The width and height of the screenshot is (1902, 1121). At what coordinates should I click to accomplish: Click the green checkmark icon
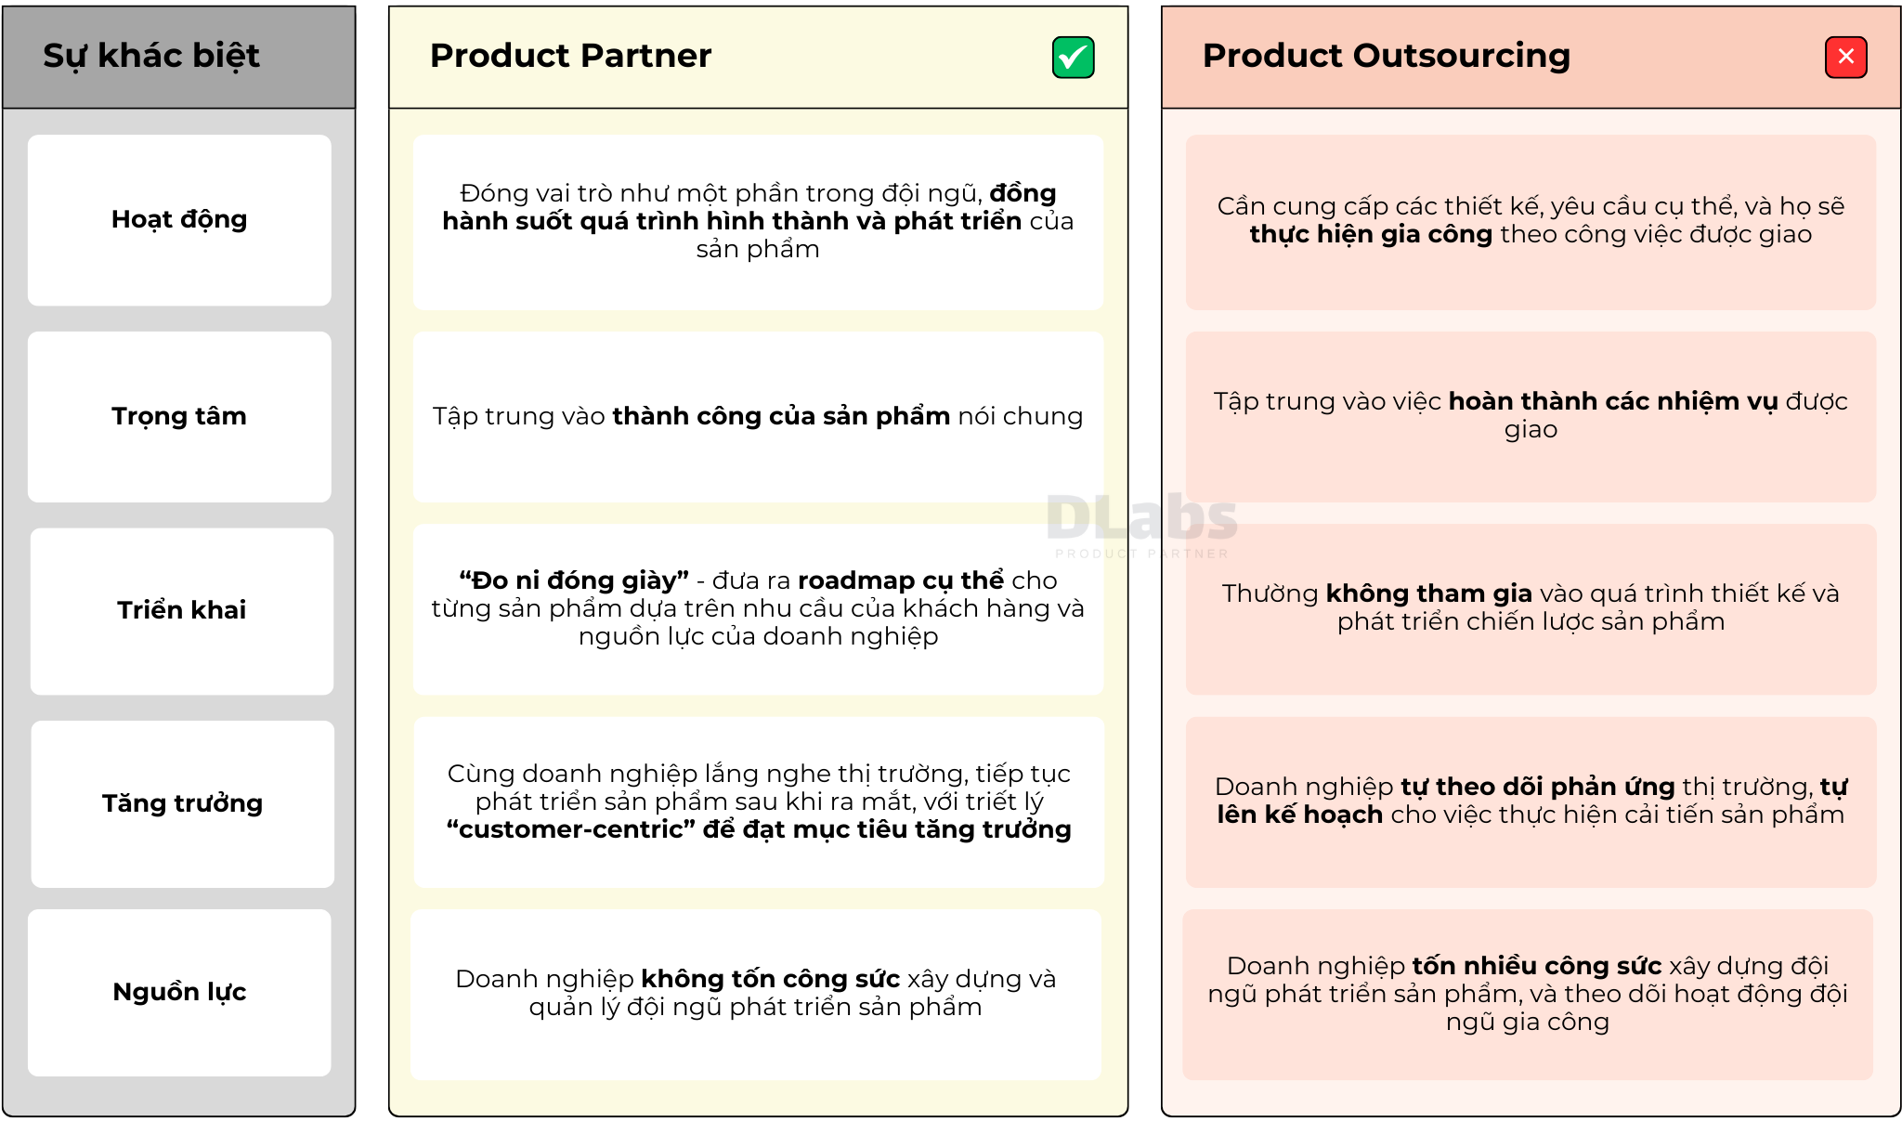click(x=1073, y=58)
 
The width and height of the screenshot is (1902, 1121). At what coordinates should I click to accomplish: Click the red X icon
click(x=1845, y=58)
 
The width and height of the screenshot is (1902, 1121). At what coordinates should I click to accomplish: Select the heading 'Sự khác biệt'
click(x=151, y=56)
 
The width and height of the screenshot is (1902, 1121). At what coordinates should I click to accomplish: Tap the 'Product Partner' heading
click(x=570, y=56)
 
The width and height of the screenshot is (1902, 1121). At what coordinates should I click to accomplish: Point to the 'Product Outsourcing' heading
click(x=1387, y=56)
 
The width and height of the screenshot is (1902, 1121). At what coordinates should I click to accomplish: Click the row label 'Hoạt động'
click(x=179, y=220)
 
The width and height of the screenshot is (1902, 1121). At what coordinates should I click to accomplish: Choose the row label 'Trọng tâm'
click(x=179, y=417)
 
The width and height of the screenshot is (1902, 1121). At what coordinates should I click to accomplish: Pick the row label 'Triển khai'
click(x=182, y=610)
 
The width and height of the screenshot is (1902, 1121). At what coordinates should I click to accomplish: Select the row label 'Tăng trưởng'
click(x=182, y=803)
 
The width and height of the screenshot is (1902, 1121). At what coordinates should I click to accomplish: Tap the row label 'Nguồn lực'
click(x=179, y=992)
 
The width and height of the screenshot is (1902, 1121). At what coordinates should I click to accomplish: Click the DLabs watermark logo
click(x=1142, y=525)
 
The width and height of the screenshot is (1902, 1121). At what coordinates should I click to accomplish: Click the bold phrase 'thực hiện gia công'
click(x=1371, y=235)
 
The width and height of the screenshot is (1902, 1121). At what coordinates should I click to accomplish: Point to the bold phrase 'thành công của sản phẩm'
click(x=781, y=416)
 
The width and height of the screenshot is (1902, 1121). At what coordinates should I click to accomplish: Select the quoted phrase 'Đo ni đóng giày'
click(x=574, y=580)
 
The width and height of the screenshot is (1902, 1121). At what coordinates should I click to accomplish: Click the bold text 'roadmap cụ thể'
click(x=901, y=580)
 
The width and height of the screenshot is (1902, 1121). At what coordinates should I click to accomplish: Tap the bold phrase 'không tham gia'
click(x=1428, y=593)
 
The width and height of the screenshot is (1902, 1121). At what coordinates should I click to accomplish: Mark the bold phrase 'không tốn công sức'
click(x=771, y=979)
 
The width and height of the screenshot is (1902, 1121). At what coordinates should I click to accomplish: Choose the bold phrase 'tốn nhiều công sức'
click(x=1537, y=966)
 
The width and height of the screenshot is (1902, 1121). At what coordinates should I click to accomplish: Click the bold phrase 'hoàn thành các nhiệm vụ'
click(x=1613, y=401)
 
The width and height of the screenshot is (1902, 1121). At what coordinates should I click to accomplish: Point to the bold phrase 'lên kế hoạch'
click(x=1300, y=815)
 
